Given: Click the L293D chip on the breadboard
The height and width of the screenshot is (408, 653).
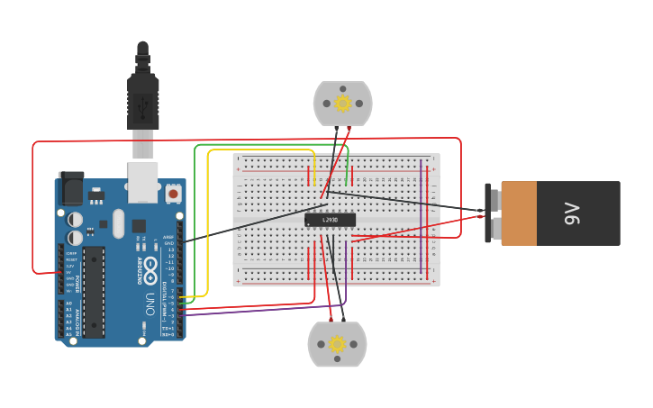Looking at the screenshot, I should (x=330, y=220).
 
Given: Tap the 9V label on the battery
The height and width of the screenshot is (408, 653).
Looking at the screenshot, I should (x=571, y=213).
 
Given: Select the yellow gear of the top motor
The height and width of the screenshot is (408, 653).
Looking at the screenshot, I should (x=342, y=104).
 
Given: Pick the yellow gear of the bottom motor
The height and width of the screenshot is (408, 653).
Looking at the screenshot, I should (x=337, y=344).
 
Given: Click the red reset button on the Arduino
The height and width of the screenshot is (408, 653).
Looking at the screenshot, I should (x=172, y=192).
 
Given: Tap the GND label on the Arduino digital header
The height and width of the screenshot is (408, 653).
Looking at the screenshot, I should (x=169, y=242).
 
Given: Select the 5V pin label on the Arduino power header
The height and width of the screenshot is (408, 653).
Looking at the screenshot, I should (x=70, y=273).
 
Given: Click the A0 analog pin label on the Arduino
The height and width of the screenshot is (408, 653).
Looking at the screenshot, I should (x=69, y=303).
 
